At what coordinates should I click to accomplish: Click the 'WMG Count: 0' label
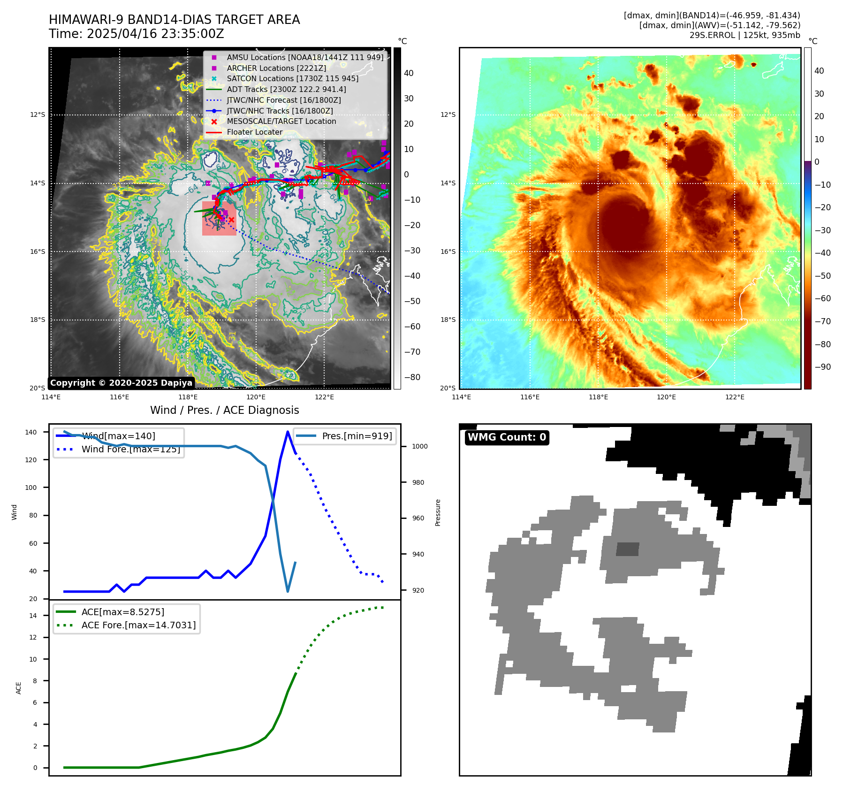pos(507,437)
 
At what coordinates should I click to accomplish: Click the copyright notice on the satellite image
pos(121,383)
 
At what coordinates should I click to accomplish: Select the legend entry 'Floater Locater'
pos(254,132)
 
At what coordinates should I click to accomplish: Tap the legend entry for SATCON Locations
pos(292,79)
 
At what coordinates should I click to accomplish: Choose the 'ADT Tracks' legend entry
pos(286,90)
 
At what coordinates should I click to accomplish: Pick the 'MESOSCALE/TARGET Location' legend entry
pos(281,122)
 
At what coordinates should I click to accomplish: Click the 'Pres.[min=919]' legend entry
pos(357,436)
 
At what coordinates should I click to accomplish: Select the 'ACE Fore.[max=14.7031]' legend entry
pos(138,625)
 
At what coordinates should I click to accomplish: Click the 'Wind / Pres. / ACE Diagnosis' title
pos(224,410)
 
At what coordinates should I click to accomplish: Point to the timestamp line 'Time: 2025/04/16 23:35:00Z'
pos(137,34)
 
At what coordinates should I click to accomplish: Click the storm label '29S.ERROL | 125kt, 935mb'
pos(744,35)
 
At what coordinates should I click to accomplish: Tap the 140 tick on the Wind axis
pos(30,432)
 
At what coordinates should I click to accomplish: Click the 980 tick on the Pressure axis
pos(419,482)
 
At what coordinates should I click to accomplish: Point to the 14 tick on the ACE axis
pos(33,616)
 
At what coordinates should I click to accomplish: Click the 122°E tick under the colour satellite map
pos(735,397)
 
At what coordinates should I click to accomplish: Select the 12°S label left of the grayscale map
pos(38,115)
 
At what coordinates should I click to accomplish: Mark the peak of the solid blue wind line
pos(288,432)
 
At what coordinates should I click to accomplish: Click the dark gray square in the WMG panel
pos(627,549)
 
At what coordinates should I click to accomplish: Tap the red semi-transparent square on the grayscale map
pos(219,219)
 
